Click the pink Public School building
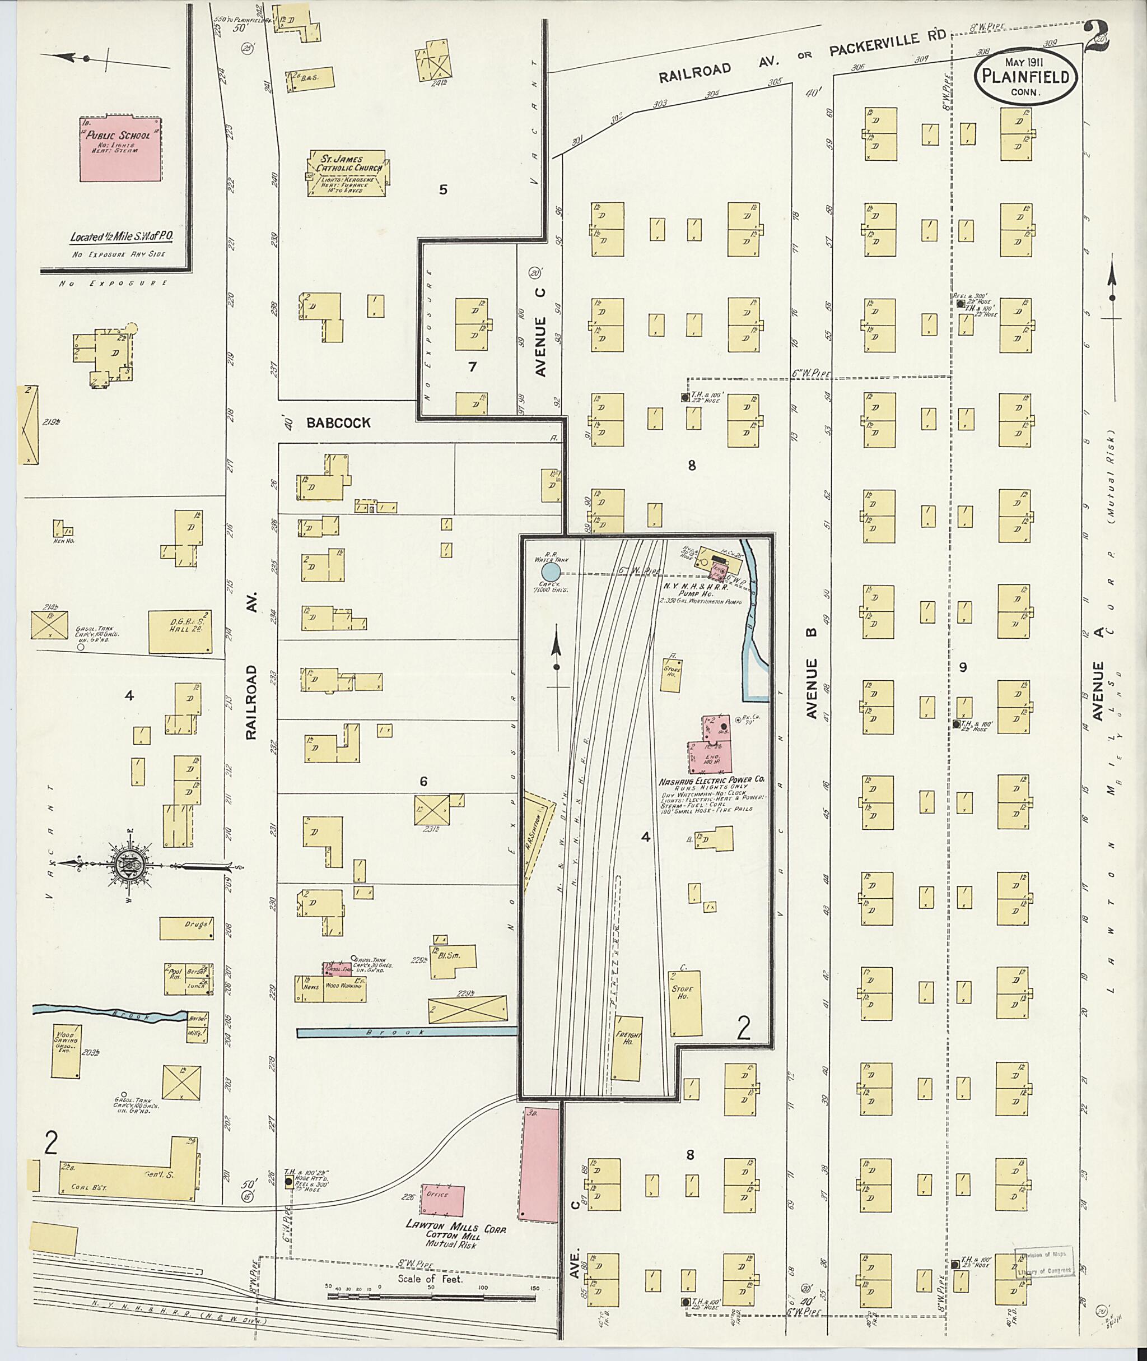click(120, 149)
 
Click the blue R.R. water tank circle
click(551, 572)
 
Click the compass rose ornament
click(130, 865)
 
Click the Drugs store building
click(187, 928)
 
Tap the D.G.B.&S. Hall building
click(180, 631)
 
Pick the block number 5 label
click(444, 190)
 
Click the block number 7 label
click(472, 367)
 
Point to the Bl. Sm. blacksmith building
click(453, 960)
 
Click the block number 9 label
click(963, 667)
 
